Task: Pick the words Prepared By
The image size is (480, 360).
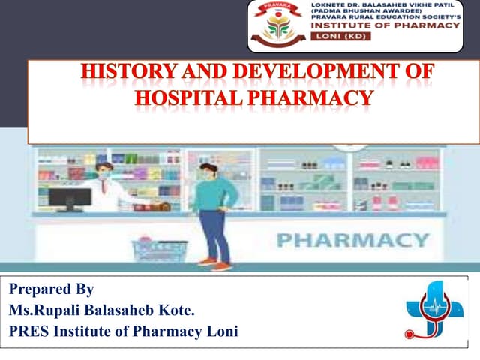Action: click(52, 289)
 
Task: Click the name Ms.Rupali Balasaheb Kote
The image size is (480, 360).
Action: click(102, 309)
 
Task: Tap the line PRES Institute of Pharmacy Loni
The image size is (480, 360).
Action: click(123, 330)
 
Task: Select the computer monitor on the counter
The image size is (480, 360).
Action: click(70, 199)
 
